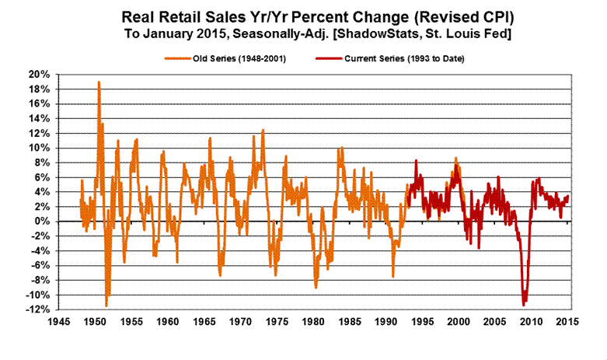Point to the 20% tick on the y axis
(40, 74)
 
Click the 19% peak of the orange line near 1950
(99, 82)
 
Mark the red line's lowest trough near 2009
(525, 304)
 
